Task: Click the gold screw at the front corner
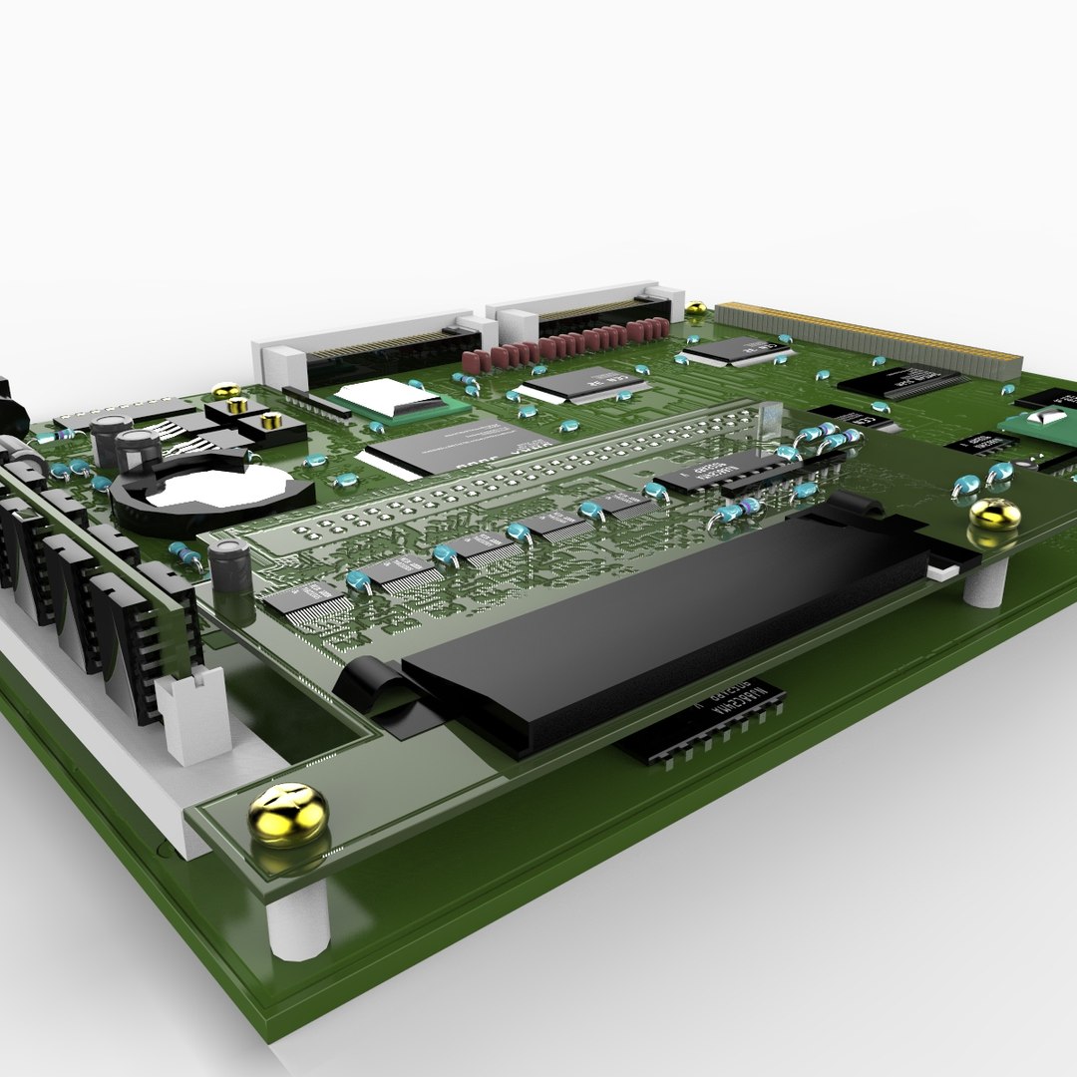[287, 812]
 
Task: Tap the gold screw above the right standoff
[994, 515]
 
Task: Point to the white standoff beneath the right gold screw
[985, 581]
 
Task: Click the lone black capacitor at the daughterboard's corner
[229, 566]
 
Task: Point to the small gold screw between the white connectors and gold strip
[695, 309]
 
